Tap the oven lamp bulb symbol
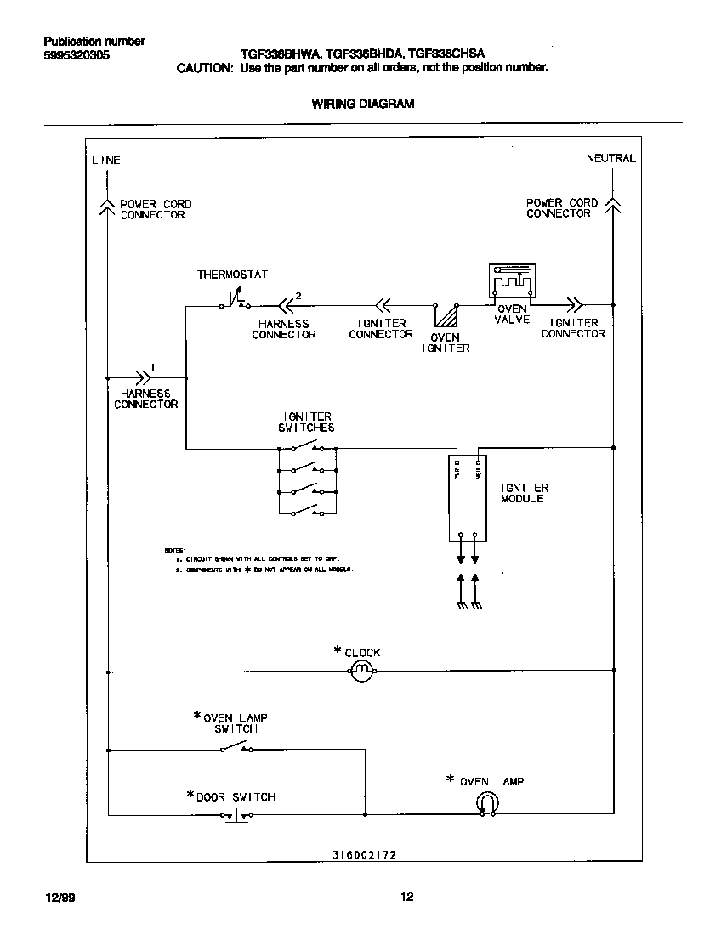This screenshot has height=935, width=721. click(x=487, y=802)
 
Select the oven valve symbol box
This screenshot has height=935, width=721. click(x=511, y=281)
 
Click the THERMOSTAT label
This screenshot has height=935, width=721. click(x=232, y=275)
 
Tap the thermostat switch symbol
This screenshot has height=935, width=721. click(x=236, y=302)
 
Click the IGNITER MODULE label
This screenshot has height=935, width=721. click(x=525, y=493)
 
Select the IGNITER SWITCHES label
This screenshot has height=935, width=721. click(x=306, y=422)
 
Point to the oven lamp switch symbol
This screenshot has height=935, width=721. click(x=236, y=748)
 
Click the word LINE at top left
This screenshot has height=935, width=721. click(x=106, y=160)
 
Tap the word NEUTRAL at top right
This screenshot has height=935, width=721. click(x=610, y=159)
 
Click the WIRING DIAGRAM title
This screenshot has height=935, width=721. click(x=363, y=104)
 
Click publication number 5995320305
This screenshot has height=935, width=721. click(x=76, y=55)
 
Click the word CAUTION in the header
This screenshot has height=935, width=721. click(x=204, y=68)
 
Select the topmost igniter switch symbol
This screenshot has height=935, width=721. click(x=306, y=447)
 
